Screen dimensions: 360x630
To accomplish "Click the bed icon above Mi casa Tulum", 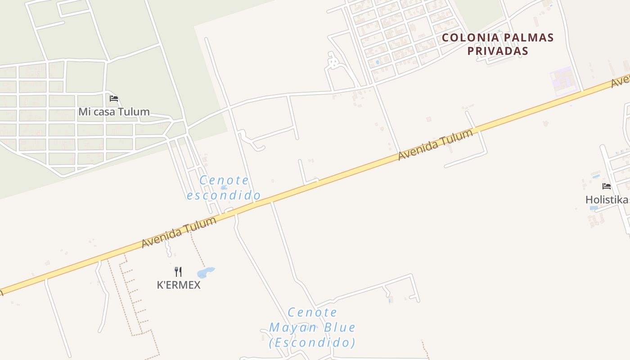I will pos(114,98).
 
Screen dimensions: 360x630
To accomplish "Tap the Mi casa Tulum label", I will pos(114,112).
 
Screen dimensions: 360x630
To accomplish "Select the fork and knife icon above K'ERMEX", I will pos(178,271).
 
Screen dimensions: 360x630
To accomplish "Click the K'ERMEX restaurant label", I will pos(179,285).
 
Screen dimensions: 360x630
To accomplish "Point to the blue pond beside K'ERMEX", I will pos(206,273).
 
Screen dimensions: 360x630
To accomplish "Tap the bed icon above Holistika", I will pos(607,186).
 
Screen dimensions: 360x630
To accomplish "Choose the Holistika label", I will pos(607,199).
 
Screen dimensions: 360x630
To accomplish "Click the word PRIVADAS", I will pos(497,51).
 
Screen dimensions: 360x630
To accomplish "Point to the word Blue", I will pos(339,327).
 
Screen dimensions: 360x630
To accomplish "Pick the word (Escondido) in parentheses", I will pos(312,342).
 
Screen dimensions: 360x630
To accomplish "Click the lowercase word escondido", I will pos(224,195).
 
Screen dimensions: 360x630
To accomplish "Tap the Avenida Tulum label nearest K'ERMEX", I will pos(179,232).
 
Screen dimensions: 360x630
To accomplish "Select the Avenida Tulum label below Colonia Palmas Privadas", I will pos(436,144).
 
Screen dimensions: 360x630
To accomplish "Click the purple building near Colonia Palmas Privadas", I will pos(563,81).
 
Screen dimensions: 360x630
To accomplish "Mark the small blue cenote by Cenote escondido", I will pos(224,187).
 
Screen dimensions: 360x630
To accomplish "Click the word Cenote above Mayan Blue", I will pos(312,312).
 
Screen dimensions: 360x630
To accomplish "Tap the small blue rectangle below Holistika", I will pos(594,208).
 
